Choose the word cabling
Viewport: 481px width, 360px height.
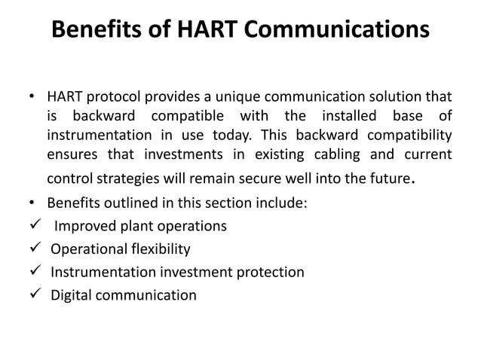coord(336,154)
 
